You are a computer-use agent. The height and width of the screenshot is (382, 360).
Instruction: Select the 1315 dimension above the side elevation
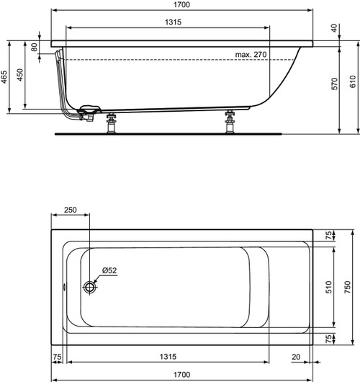pos(168,22)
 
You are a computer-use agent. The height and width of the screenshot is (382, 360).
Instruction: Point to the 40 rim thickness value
pos(332,28)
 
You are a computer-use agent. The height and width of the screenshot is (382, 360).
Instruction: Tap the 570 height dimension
pos(333,84)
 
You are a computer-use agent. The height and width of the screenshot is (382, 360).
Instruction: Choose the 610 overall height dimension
pos(351,84)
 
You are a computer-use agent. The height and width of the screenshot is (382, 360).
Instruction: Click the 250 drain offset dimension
pos(71,210)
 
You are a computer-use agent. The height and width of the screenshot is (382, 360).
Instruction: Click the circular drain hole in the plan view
pos(90,288)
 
